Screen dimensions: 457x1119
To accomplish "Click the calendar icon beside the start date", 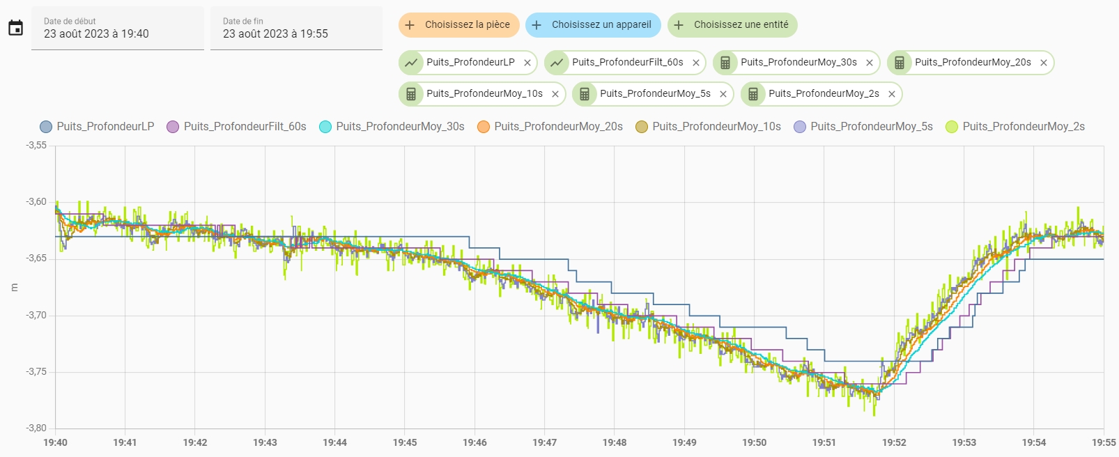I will click(15, 28).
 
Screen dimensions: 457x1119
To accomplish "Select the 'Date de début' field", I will click(117, 29).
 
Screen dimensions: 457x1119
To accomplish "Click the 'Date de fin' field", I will click(296, 29).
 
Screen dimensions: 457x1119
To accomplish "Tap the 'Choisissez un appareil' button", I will click(593, 25).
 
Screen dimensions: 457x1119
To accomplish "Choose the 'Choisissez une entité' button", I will click(732, 25).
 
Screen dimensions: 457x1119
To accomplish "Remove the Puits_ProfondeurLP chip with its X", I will click(527, 63).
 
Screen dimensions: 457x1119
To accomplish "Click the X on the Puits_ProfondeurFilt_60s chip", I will click(695, 63).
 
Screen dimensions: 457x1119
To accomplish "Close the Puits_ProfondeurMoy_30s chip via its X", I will click(870, 63).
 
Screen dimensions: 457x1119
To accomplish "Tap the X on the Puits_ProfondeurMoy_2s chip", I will click(892, 94).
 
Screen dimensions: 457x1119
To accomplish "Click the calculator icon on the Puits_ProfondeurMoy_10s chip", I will click(411, 94).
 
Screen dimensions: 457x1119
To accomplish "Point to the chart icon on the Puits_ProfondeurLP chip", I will click(411, 63).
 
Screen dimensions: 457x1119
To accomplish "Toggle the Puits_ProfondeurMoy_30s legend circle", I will click(325, 127).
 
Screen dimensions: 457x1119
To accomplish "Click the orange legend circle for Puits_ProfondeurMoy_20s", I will click(484, 127).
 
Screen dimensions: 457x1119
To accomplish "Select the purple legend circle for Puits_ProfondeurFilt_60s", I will click(173, 127).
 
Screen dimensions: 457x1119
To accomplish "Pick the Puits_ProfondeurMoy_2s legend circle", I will click(952, 127).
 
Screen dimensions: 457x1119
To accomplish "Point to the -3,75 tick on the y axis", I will click(36, 372).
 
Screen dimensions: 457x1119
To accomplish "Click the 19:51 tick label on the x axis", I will click(824, 442).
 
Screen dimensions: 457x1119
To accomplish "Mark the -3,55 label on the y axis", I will click(36, 146).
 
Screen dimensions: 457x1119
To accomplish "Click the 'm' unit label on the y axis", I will click(15, 287).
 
